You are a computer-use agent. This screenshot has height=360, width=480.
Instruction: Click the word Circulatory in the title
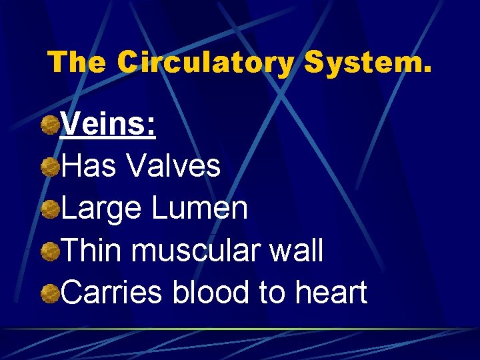(205, 63)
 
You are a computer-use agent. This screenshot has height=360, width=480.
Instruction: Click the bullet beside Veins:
(49, 125)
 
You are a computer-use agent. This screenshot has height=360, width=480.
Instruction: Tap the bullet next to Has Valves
(49, 167)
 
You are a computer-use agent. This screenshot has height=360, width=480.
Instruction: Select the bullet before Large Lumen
(49, 209)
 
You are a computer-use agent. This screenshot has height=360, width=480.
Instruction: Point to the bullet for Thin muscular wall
(49, 252)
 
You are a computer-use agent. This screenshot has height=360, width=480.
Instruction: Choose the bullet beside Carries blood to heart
(49, 294)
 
